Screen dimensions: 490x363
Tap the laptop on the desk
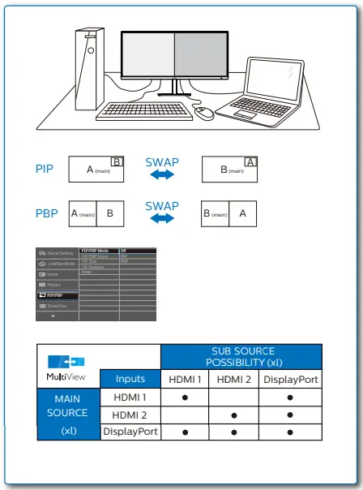coord(267,94)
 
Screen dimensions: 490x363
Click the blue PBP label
coord(46,214)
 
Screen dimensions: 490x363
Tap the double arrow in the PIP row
coord(162,175)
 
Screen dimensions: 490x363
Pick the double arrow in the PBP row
coord(162,219)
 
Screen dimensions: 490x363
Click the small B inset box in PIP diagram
coord(117,162)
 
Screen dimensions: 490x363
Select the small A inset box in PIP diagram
coord(250,162)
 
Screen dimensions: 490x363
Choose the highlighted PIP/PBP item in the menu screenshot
coord(58,295)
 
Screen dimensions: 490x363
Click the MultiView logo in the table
coord(67,368)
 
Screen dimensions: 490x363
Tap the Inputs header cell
coord(130,379)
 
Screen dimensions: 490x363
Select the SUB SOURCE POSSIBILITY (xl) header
coord(241,356)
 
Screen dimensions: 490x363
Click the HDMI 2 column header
coord(234,379)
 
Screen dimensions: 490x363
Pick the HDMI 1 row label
coord(130,398)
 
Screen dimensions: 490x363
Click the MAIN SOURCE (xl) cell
coord(68,414)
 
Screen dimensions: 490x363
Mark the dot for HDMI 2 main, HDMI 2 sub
coord(234,415)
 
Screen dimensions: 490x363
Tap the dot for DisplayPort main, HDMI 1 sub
coord(185,432)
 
